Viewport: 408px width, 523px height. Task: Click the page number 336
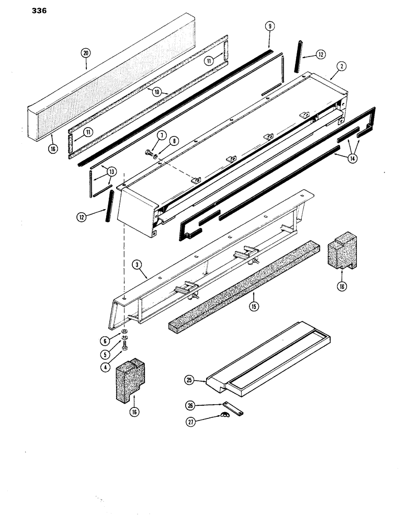[x=36, y=9]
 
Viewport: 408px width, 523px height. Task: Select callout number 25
[x=189, y=381]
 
